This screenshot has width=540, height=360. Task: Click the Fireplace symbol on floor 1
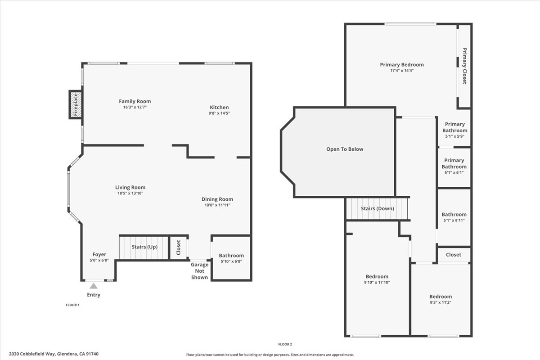[x=76, y=104]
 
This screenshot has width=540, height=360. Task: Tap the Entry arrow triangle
[x=94, y=286]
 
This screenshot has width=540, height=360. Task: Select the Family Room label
[x=135, y=101]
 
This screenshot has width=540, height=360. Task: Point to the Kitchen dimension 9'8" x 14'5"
[x=219, y=113]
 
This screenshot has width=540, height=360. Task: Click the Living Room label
[x=130, y=187]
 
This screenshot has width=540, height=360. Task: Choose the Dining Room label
[x=217, y=199]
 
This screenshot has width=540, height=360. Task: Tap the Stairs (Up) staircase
[x=144, y=247]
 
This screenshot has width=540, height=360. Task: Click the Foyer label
[x=99, y=254]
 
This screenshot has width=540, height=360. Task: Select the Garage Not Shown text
[x=199, y=271]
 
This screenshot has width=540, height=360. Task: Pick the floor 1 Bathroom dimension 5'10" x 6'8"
[x=231, y=261]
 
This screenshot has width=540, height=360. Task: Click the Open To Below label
[x=345, y=149]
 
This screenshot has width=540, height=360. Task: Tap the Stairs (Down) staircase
[x=377, y=208]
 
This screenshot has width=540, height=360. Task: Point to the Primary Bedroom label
[x=402, y=64]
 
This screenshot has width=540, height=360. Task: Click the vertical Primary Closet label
[x=464, y=66]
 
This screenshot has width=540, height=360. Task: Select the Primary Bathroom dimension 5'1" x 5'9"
[x=454, y=136]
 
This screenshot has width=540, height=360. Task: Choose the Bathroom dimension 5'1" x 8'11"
[x=454, y=220]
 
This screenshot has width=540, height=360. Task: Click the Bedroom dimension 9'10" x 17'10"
[x=377, y=283]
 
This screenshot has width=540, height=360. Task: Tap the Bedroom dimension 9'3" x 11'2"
[x=440, y=302]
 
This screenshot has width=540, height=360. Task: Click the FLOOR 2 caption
[x=285, y=344]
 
